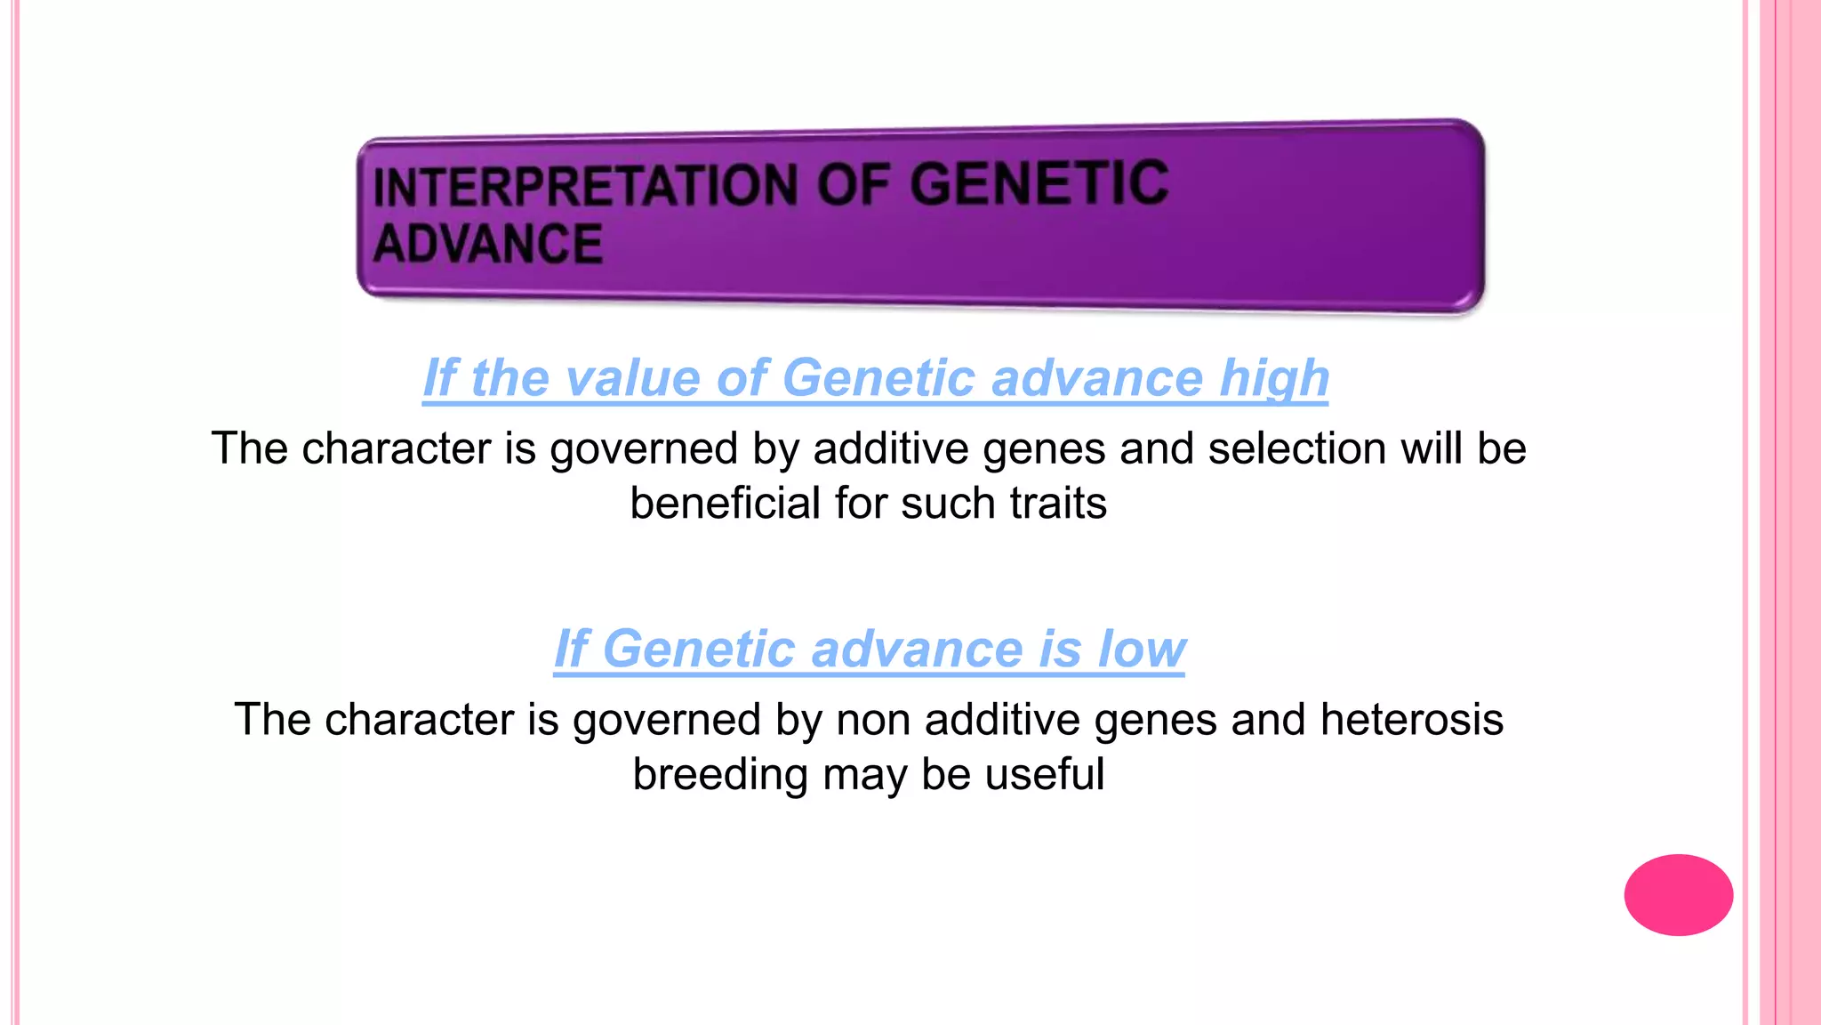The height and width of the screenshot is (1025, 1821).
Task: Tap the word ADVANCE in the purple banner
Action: coord(488,245)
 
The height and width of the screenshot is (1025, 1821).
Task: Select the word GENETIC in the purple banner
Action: coord(1039,183)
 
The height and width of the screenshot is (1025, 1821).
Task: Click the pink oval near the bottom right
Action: coord(1678,894)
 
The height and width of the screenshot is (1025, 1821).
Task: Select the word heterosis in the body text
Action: coord(1412,719)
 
